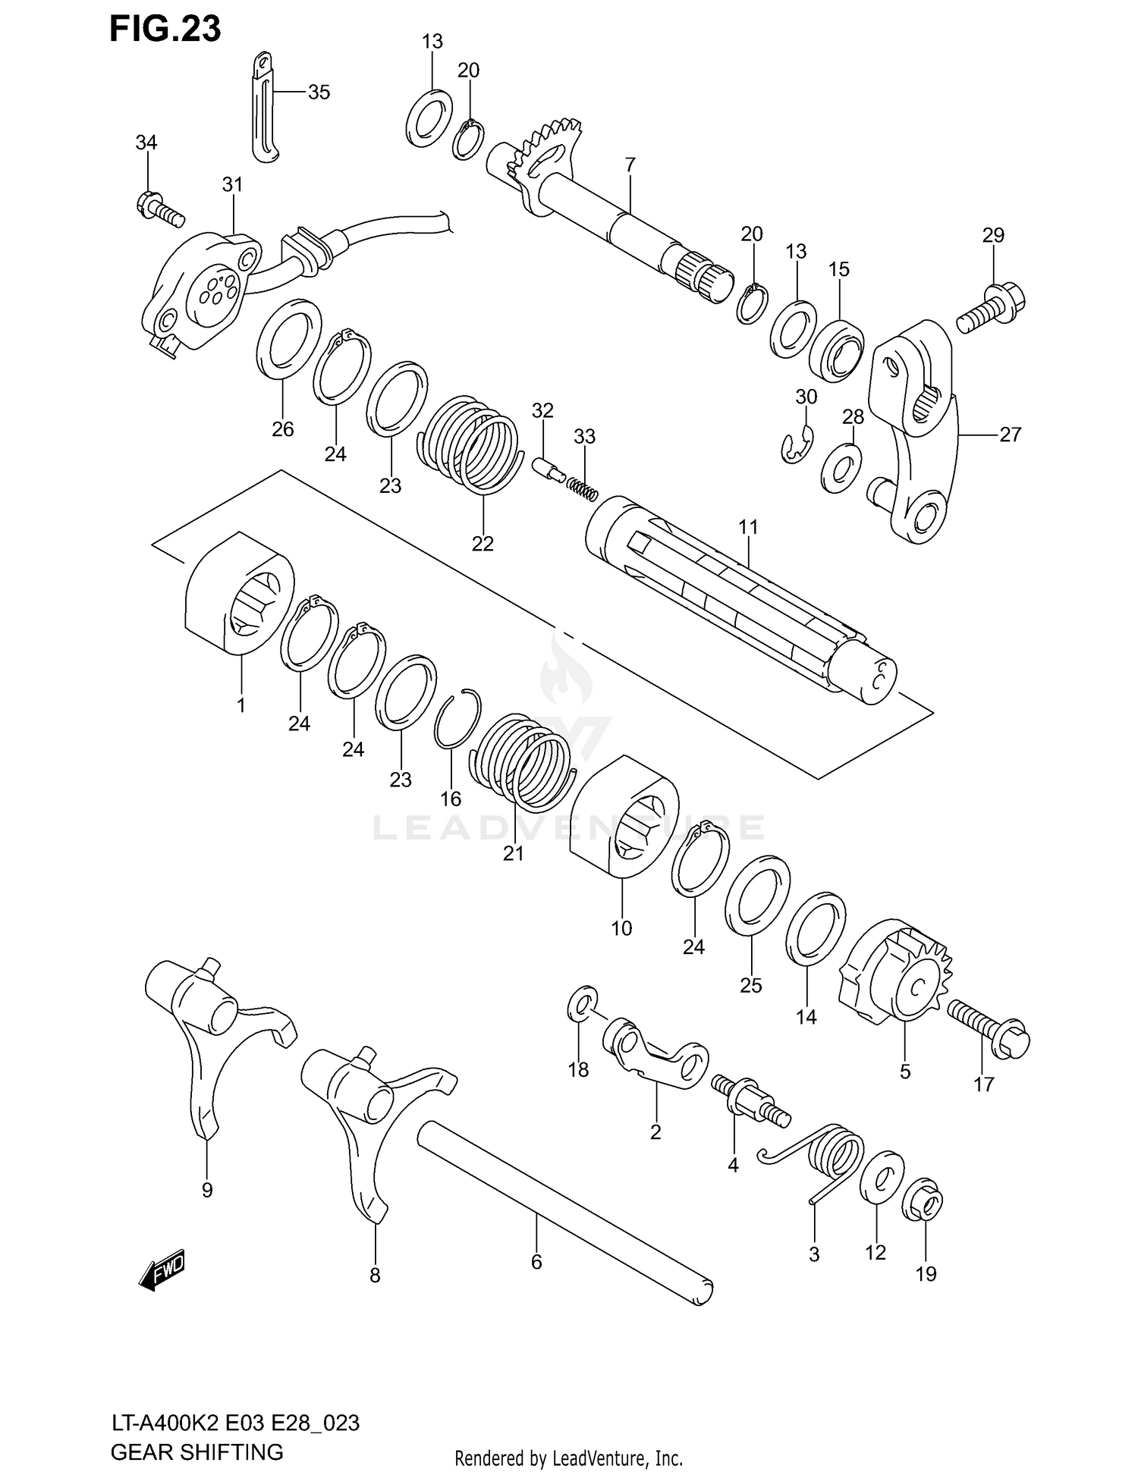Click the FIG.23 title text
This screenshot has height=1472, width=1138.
165,29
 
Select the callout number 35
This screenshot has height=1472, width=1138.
319,93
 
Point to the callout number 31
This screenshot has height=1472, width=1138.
232,184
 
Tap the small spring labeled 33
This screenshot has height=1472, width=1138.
583,489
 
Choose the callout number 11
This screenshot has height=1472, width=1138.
748,526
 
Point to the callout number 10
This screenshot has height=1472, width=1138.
621,927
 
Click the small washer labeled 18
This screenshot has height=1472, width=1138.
582,1006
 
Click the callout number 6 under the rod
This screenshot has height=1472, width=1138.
536,1262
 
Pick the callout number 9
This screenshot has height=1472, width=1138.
207,1190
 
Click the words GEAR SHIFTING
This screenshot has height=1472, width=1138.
196,1452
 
